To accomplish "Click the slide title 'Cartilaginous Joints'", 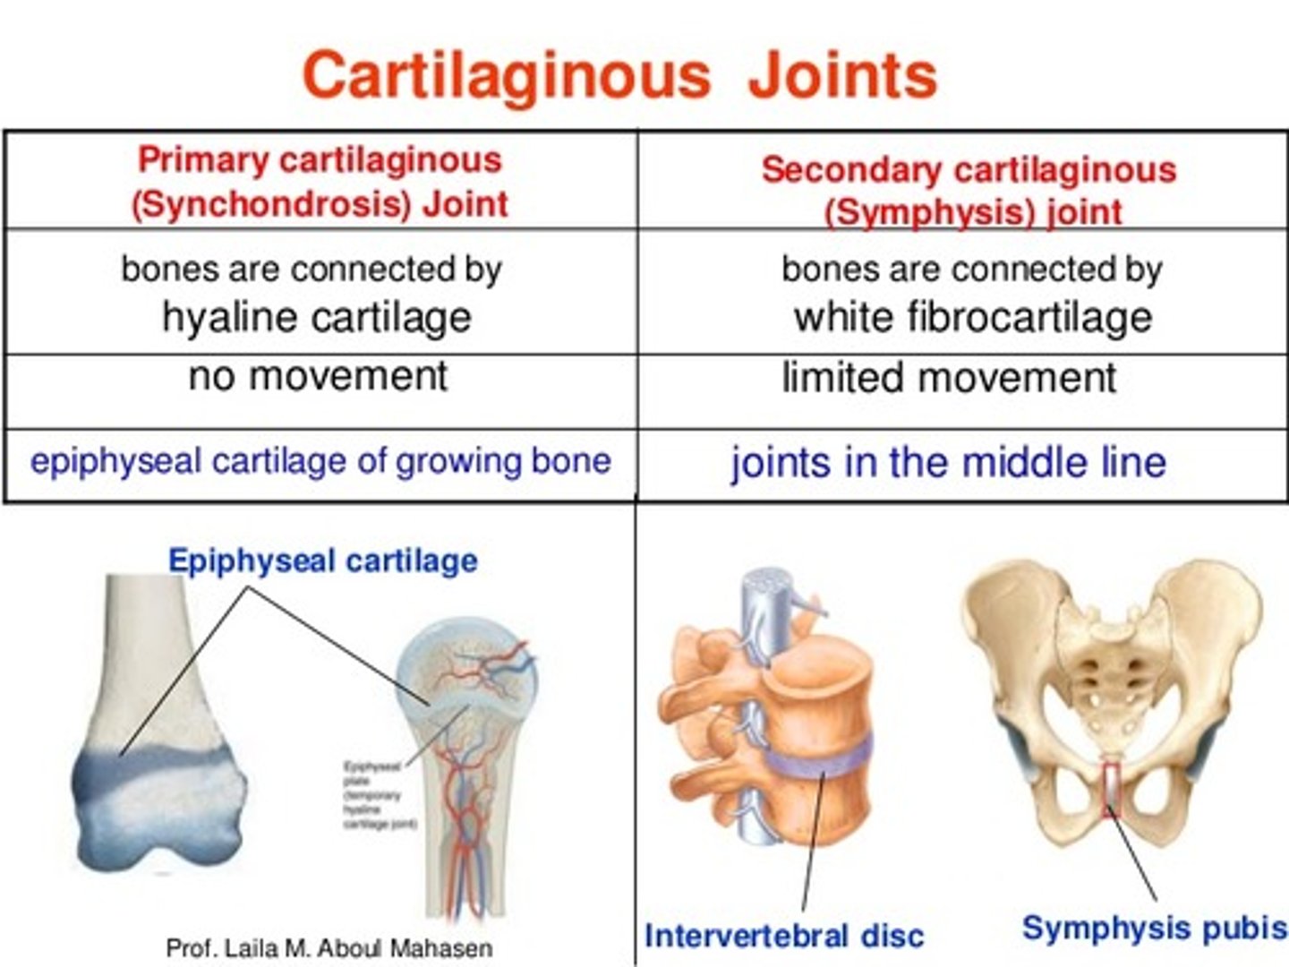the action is [619, 74].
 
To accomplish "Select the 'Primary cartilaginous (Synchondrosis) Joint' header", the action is [320, 182].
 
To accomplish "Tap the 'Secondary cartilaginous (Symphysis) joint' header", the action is [969, 190].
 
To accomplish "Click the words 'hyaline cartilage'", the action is [317, 317].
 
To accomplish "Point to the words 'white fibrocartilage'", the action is [972, 317].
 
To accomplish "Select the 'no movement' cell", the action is [318, 377].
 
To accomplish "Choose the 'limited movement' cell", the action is [949, 378].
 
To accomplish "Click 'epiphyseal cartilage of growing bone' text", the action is [320, 461].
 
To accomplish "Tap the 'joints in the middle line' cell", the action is [949, 463].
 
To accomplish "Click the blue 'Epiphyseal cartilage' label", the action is [322, 561].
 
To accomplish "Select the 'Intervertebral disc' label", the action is [783, 936].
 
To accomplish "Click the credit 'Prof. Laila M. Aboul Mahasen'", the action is [329, 948].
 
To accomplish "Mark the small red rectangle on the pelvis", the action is [1112, 788].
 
